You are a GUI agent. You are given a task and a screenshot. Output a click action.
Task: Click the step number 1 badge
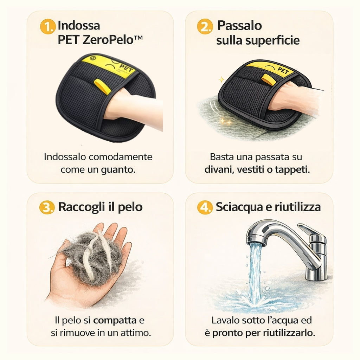[x=48, y=27]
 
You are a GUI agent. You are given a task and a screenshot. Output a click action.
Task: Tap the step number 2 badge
[x=205, y=27]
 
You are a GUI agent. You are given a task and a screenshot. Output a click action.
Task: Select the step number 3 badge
[x=46, y=207]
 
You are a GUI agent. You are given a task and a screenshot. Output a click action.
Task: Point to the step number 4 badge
[x=205, y=207]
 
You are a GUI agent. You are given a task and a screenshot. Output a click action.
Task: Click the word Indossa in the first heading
[x=79, y=26]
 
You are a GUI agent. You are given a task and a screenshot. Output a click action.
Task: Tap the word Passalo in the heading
[x=239, y=26]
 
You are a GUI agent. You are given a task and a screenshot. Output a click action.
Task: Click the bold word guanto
[x=117, y=170]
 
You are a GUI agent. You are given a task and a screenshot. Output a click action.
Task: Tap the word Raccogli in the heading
[x=81, y=207]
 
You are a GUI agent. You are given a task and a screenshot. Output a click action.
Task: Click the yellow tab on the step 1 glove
[x=102, y=86]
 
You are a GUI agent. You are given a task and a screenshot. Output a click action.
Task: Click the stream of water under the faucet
[x=255, y=271]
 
